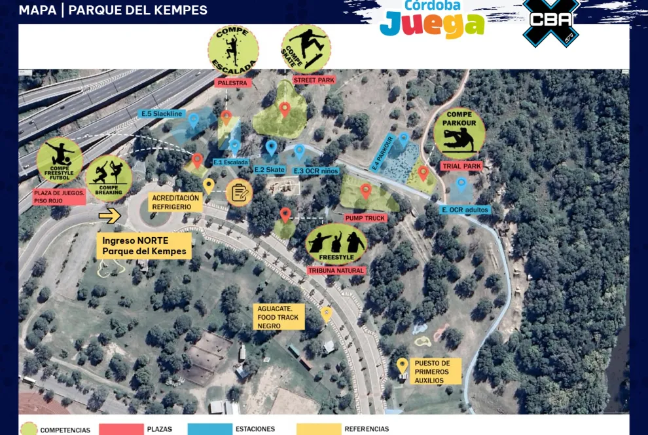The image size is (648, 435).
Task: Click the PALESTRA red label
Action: (x=233, y=83)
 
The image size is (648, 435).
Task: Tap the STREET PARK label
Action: (x=314, y=81)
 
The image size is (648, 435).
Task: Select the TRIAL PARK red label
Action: (x=461, y=166)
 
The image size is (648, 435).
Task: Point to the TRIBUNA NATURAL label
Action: (x=336, y=270)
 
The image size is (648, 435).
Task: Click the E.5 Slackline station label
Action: (x=162, y=113)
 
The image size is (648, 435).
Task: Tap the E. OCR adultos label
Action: (x=465, y=210)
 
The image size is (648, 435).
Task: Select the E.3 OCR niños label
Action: (x=316, y=171)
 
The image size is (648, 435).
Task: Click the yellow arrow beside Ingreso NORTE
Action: (x=110, y=215)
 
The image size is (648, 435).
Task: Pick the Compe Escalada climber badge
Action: (x=233, y=50)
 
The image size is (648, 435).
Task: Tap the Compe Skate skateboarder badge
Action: (x=306, y=48)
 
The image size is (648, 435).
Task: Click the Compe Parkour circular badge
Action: (x=459, y=134)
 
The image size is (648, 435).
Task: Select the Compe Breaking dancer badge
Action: (x=108, y=178)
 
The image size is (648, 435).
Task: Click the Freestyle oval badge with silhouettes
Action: (x=336, y=244)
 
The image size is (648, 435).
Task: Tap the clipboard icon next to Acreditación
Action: (x=239, y=193)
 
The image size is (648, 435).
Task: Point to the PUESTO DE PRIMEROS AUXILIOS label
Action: (x=433, y=371)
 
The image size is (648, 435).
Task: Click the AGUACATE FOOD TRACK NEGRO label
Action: (x=278, y=317)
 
